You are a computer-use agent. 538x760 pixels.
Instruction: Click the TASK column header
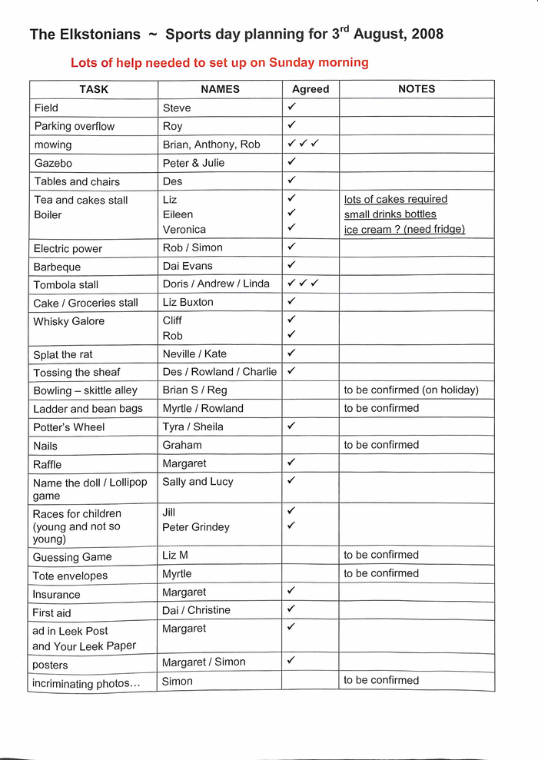coord(94,89)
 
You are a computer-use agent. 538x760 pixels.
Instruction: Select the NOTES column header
coord(417,89)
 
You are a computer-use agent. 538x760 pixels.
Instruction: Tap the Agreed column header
coord(311,89)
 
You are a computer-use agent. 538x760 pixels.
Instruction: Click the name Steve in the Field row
coord(177,108)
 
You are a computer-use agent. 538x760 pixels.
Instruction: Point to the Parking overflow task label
coord(75,126)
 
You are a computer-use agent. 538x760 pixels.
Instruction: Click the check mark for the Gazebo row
coord(292,162)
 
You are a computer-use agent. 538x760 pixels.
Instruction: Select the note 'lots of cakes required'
coord(395,200)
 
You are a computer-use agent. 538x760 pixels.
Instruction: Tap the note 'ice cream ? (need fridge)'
coord(404,229)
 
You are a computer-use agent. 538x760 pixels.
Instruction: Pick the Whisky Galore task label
coord(69,321)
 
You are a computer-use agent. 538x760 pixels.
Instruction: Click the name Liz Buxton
coord(188,302)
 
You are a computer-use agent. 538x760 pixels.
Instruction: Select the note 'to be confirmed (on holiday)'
coord(410,390)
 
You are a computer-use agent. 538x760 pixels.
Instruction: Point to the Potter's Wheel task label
coord(69,427)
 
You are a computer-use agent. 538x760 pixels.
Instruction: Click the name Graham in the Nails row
coord(182,445)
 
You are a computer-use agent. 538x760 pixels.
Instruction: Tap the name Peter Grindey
coord(196,527)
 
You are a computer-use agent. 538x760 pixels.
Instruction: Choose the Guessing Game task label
coord(72,557)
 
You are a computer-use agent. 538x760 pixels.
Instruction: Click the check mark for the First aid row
coord(292,609)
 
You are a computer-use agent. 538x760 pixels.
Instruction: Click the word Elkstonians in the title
coord(98,35)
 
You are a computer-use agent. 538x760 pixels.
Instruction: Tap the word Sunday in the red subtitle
coord(294,62)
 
